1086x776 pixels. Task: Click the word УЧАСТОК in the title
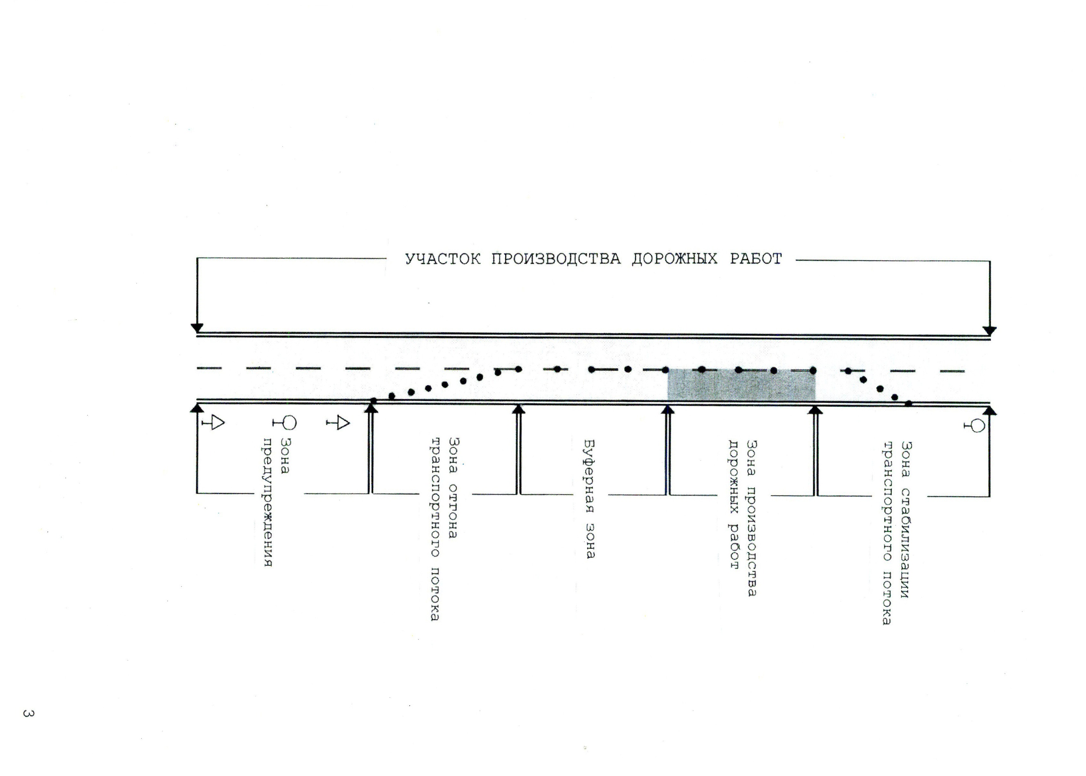[442, 259]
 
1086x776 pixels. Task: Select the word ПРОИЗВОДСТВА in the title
[556, 259]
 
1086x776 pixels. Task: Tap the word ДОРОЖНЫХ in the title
[674, 259]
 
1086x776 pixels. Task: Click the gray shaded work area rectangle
[741, 385]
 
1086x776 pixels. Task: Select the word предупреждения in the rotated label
[267, 502]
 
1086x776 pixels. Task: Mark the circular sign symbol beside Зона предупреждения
[285, 422]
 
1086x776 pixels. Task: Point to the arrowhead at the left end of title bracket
[197, 328]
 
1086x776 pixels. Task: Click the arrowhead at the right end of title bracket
[989, 331]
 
